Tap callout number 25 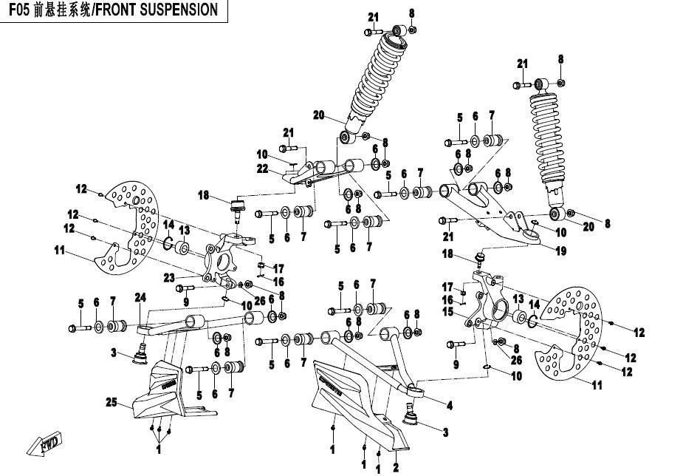[111, 403]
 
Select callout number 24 [140, 299]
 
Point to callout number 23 [169, 278]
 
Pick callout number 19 [561, 251]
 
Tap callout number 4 [449, 405]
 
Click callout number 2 [396, 467]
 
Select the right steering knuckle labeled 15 [488, 304]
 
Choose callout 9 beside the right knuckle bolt [455, 364]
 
